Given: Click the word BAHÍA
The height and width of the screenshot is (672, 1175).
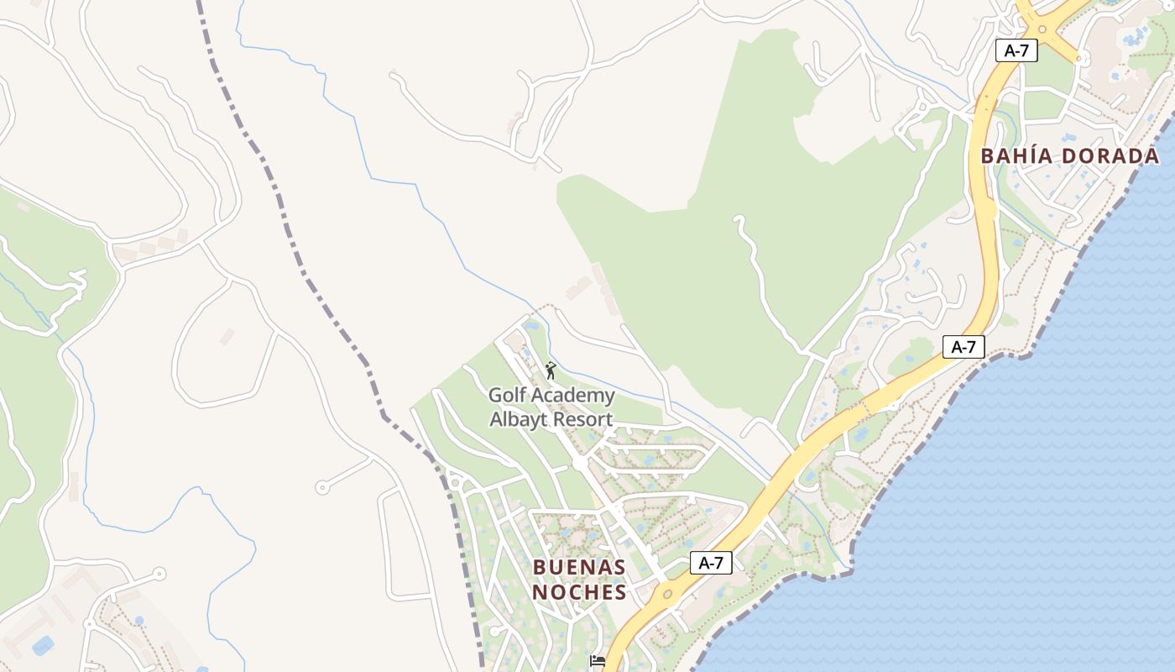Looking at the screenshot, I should (1016, 156).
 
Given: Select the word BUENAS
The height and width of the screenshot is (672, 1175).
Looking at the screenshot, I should (579, 567).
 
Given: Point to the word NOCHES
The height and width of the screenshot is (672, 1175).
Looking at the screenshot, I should (579, 592).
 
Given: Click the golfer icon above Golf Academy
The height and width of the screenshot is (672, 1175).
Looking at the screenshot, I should (551, 370).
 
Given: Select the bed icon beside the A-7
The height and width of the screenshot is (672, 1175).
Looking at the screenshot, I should (598, 661).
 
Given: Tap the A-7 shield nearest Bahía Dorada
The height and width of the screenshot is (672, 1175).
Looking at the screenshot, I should (1016, 50).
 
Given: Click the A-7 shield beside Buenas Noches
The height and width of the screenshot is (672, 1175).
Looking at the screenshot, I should (711, 563).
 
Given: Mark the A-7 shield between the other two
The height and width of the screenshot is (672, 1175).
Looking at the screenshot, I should (963, 346).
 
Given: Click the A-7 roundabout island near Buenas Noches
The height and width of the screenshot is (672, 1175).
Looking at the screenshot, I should (667, 595).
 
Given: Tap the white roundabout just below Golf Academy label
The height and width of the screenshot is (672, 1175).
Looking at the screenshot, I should (579, 463).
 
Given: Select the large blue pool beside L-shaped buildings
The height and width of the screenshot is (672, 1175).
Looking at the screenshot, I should (42, 645).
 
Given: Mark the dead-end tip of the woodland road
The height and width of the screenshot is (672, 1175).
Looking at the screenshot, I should (738, 219).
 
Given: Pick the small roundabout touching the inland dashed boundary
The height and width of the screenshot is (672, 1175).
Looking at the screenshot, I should (455, 482).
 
